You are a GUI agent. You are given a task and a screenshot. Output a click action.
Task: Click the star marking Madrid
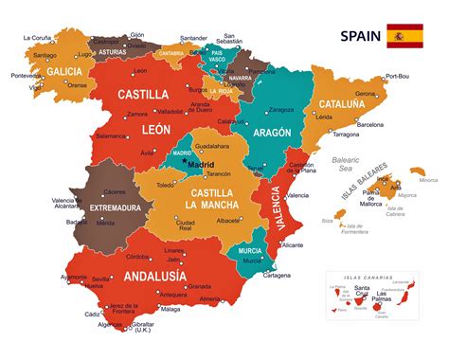click(x=185, y=161)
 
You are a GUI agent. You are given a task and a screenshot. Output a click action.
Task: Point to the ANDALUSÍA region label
click(x=153, y=278)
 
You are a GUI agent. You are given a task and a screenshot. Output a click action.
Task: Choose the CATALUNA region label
click(x=355, y=104)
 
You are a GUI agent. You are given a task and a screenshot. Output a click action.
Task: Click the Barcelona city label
click(x=370, y=124)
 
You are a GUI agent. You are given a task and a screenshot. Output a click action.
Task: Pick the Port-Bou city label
click(x=398, y=77)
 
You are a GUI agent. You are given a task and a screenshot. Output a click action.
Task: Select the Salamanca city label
click(x=112, y=136)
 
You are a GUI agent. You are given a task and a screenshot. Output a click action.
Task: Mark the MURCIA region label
click(x=249, y=250)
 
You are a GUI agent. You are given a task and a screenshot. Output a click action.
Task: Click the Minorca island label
click(x=428, y=180)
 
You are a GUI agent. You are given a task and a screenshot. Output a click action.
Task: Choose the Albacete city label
click(x=228, y=220)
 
